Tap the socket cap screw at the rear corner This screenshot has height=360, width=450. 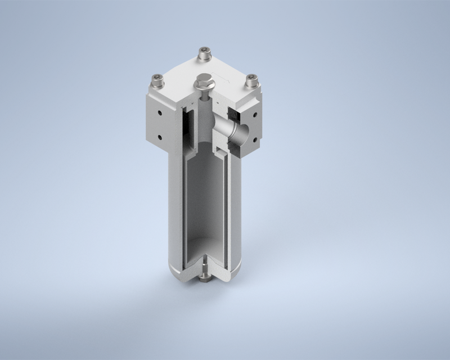click(202, 55)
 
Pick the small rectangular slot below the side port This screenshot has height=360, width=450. click(222, 150)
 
